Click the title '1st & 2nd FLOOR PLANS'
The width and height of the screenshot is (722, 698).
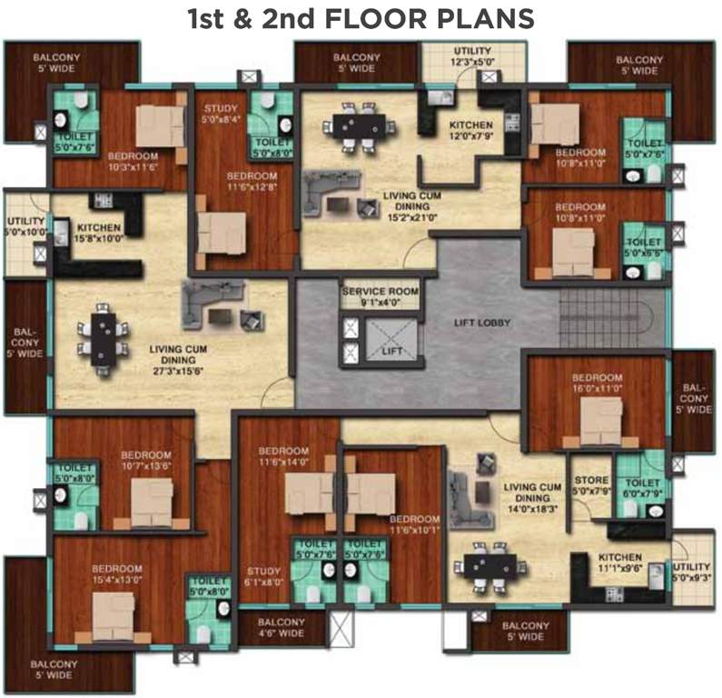361,17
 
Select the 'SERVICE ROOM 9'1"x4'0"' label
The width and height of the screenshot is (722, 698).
380,296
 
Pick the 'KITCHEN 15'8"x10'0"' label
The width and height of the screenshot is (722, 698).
99,233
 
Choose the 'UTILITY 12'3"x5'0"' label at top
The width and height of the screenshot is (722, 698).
470,57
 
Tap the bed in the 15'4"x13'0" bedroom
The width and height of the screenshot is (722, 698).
114,615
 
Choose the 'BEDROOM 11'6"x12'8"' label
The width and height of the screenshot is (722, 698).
244,181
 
